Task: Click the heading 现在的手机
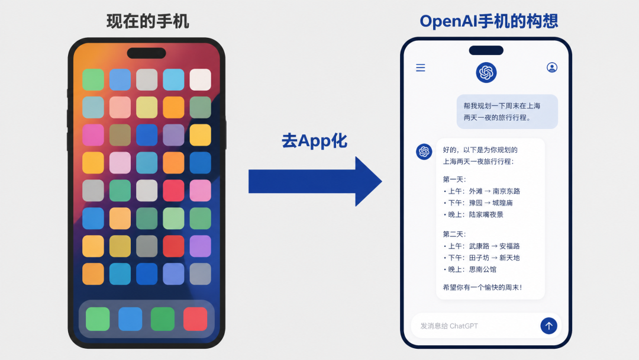point(147,21)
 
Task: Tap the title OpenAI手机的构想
point(489,21)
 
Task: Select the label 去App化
point(314,141)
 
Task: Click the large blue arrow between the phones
point(315,181)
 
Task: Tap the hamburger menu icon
point(421,67)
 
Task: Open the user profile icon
point(552,67)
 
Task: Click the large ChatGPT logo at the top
point(486,73)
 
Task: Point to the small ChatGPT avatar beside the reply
point(424,152)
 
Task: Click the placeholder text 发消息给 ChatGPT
point(449,326)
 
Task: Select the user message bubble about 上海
point(507,112)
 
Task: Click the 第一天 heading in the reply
point(454,179)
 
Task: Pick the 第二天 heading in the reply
point(454,234)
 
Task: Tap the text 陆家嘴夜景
point(486,214)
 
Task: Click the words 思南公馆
point(483,269)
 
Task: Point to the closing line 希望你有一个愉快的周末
point(482,287)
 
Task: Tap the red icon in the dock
point(195,319)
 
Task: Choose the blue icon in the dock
point(130,319)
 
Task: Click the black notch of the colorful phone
point(146,53)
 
